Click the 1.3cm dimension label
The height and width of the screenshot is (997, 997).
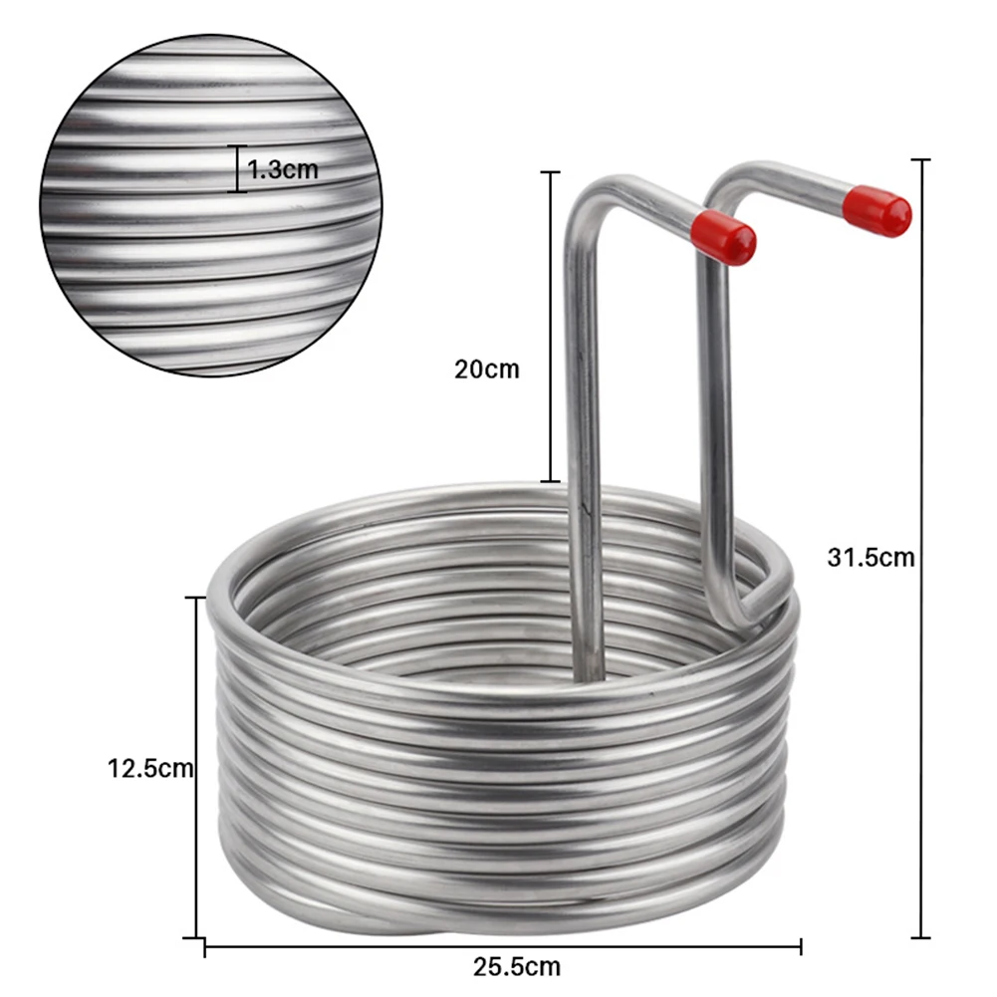tap(283, 169)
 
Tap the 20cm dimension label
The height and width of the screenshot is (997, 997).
tap(486, 369)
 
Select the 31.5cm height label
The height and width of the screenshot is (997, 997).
tap(870, 558)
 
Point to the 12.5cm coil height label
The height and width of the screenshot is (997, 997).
tap(150, 768)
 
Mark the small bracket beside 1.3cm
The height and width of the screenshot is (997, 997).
tap(238, 169)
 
